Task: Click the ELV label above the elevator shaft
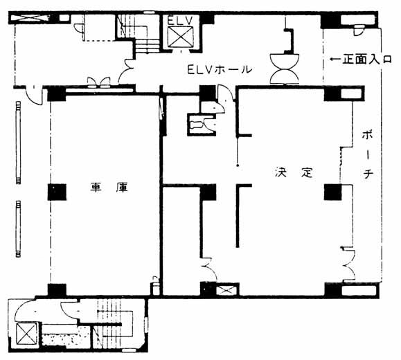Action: coord(179,21)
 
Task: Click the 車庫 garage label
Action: coord(109,188)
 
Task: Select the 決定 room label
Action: coord(294,172)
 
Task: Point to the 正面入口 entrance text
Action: coord(367,60)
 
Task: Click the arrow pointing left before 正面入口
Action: coord(335,60)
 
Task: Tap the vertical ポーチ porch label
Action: coord(367,155)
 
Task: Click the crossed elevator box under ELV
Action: coord(181,37)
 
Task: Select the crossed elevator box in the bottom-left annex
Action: coord(26,334)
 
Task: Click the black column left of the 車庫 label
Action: coord(57,192)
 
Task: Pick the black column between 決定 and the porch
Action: coord(333,192)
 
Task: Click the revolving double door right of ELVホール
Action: coord(285,69)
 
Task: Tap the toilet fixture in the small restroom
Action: coord(197,125)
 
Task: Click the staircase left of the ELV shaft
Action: coord(138,33)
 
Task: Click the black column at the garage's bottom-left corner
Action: coord(57,289)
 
